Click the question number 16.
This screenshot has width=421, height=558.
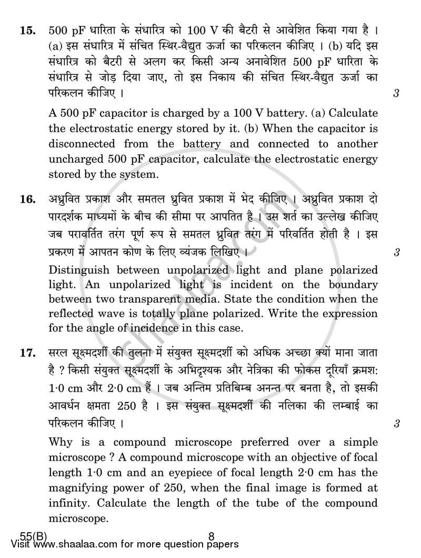click(x=27, y=200)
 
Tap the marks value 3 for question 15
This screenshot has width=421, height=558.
click(x=395, y=94)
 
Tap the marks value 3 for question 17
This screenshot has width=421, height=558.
click(x=395, y=423)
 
